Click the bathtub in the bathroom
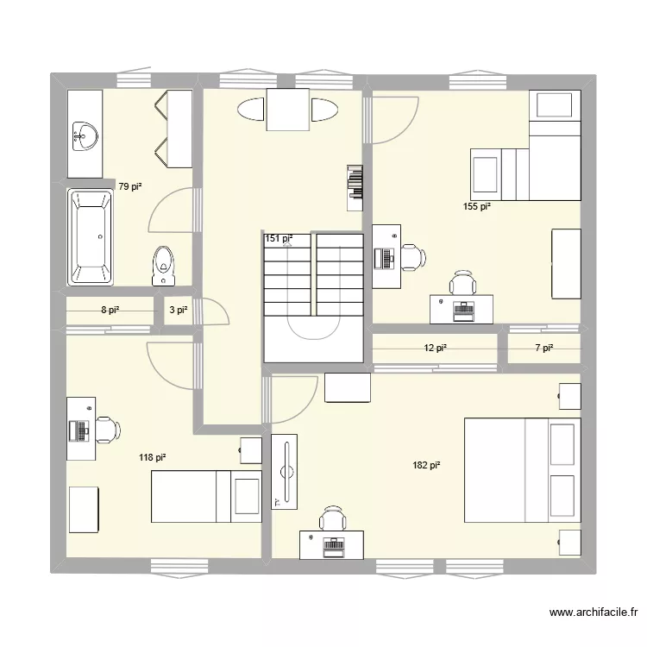pyautogui.click(x=91, y=238)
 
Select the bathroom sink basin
pyautogui.click(x=85, y=135)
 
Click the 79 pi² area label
pyautogui.click(x=129, y=185)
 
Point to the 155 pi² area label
pyautogui.click(x=476, y=206)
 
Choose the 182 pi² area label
pyautogui.click(x=426, y=465)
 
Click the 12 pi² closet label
pyautogui.click(x=435, y=348)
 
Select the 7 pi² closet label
pyautogui.click(x=543, y=348)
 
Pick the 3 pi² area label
pyautogui.click(x=178, y=310)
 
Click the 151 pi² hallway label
pyautogui.click(x=278, y=239)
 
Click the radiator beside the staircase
pyautogui.click(x=355, y=187)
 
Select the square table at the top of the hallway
pyautogui.click(x=287, y=110)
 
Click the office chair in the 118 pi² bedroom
pyautogui.click(x=106, y=428)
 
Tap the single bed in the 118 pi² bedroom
pyautogui.click(x=205, y=496)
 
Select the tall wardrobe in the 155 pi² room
pyautogui.click(x=566, y=263)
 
